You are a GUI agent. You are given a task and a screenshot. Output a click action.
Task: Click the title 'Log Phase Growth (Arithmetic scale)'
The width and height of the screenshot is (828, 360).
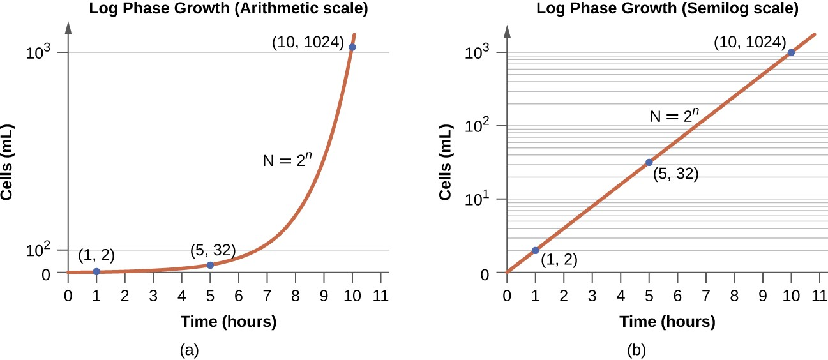point(223,9)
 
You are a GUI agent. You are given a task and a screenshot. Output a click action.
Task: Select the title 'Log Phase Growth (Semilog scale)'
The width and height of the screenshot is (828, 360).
point(667,9)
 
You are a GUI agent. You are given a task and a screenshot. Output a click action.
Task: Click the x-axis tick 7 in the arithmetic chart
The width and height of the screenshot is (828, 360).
point(267,296)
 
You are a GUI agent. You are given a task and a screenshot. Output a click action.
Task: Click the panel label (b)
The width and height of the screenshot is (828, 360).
point(636,350)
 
